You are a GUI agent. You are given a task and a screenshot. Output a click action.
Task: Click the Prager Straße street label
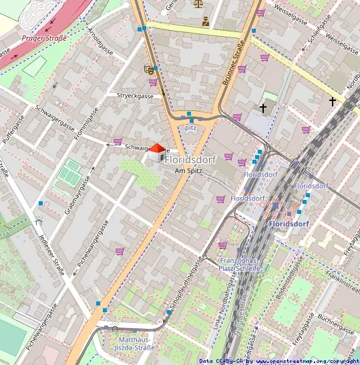(x=44, y=38)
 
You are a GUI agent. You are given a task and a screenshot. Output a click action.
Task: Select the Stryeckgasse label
(x=135, y=96)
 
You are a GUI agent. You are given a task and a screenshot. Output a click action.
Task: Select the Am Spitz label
(x=188, y=171)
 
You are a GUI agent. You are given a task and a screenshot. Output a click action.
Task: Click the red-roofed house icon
(x=156, y=152)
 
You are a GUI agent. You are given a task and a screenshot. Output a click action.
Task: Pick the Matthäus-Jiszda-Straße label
(x=132, y=344)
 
